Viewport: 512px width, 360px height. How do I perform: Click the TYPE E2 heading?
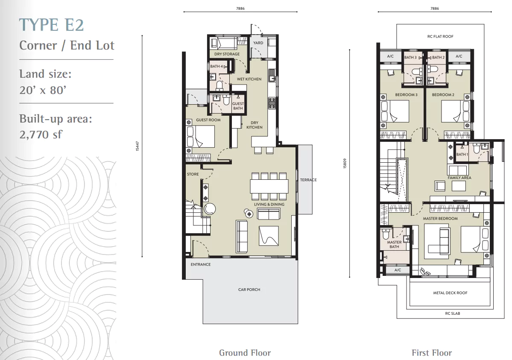52,25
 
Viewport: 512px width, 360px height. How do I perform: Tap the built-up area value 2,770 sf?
41,134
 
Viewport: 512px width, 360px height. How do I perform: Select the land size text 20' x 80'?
43,90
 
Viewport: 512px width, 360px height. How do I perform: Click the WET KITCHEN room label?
249,79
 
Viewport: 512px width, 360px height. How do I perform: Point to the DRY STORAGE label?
227,54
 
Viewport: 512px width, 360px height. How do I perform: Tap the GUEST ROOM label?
208,120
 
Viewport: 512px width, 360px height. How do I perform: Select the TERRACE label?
309,180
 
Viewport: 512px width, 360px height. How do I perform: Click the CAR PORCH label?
249,290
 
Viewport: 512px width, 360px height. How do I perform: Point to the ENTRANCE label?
201,264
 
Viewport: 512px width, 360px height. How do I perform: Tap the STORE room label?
193,174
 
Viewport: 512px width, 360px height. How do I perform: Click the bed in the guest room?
201,137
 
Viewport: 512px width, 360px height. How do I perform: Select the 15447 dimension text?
138,146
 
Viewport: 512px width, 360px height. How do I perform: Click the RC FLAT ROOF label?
440,36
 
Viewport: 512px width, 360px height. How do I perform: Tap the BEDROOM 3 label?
406,95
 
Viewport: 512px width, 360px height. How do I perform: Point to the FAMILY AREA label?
459,178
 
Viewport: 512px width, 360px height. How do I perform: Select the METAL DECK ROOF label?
450,293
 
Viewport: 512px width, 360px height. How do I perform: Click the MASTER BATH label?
394,244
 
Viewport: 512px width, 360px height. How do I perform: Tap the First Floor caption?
432,353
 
